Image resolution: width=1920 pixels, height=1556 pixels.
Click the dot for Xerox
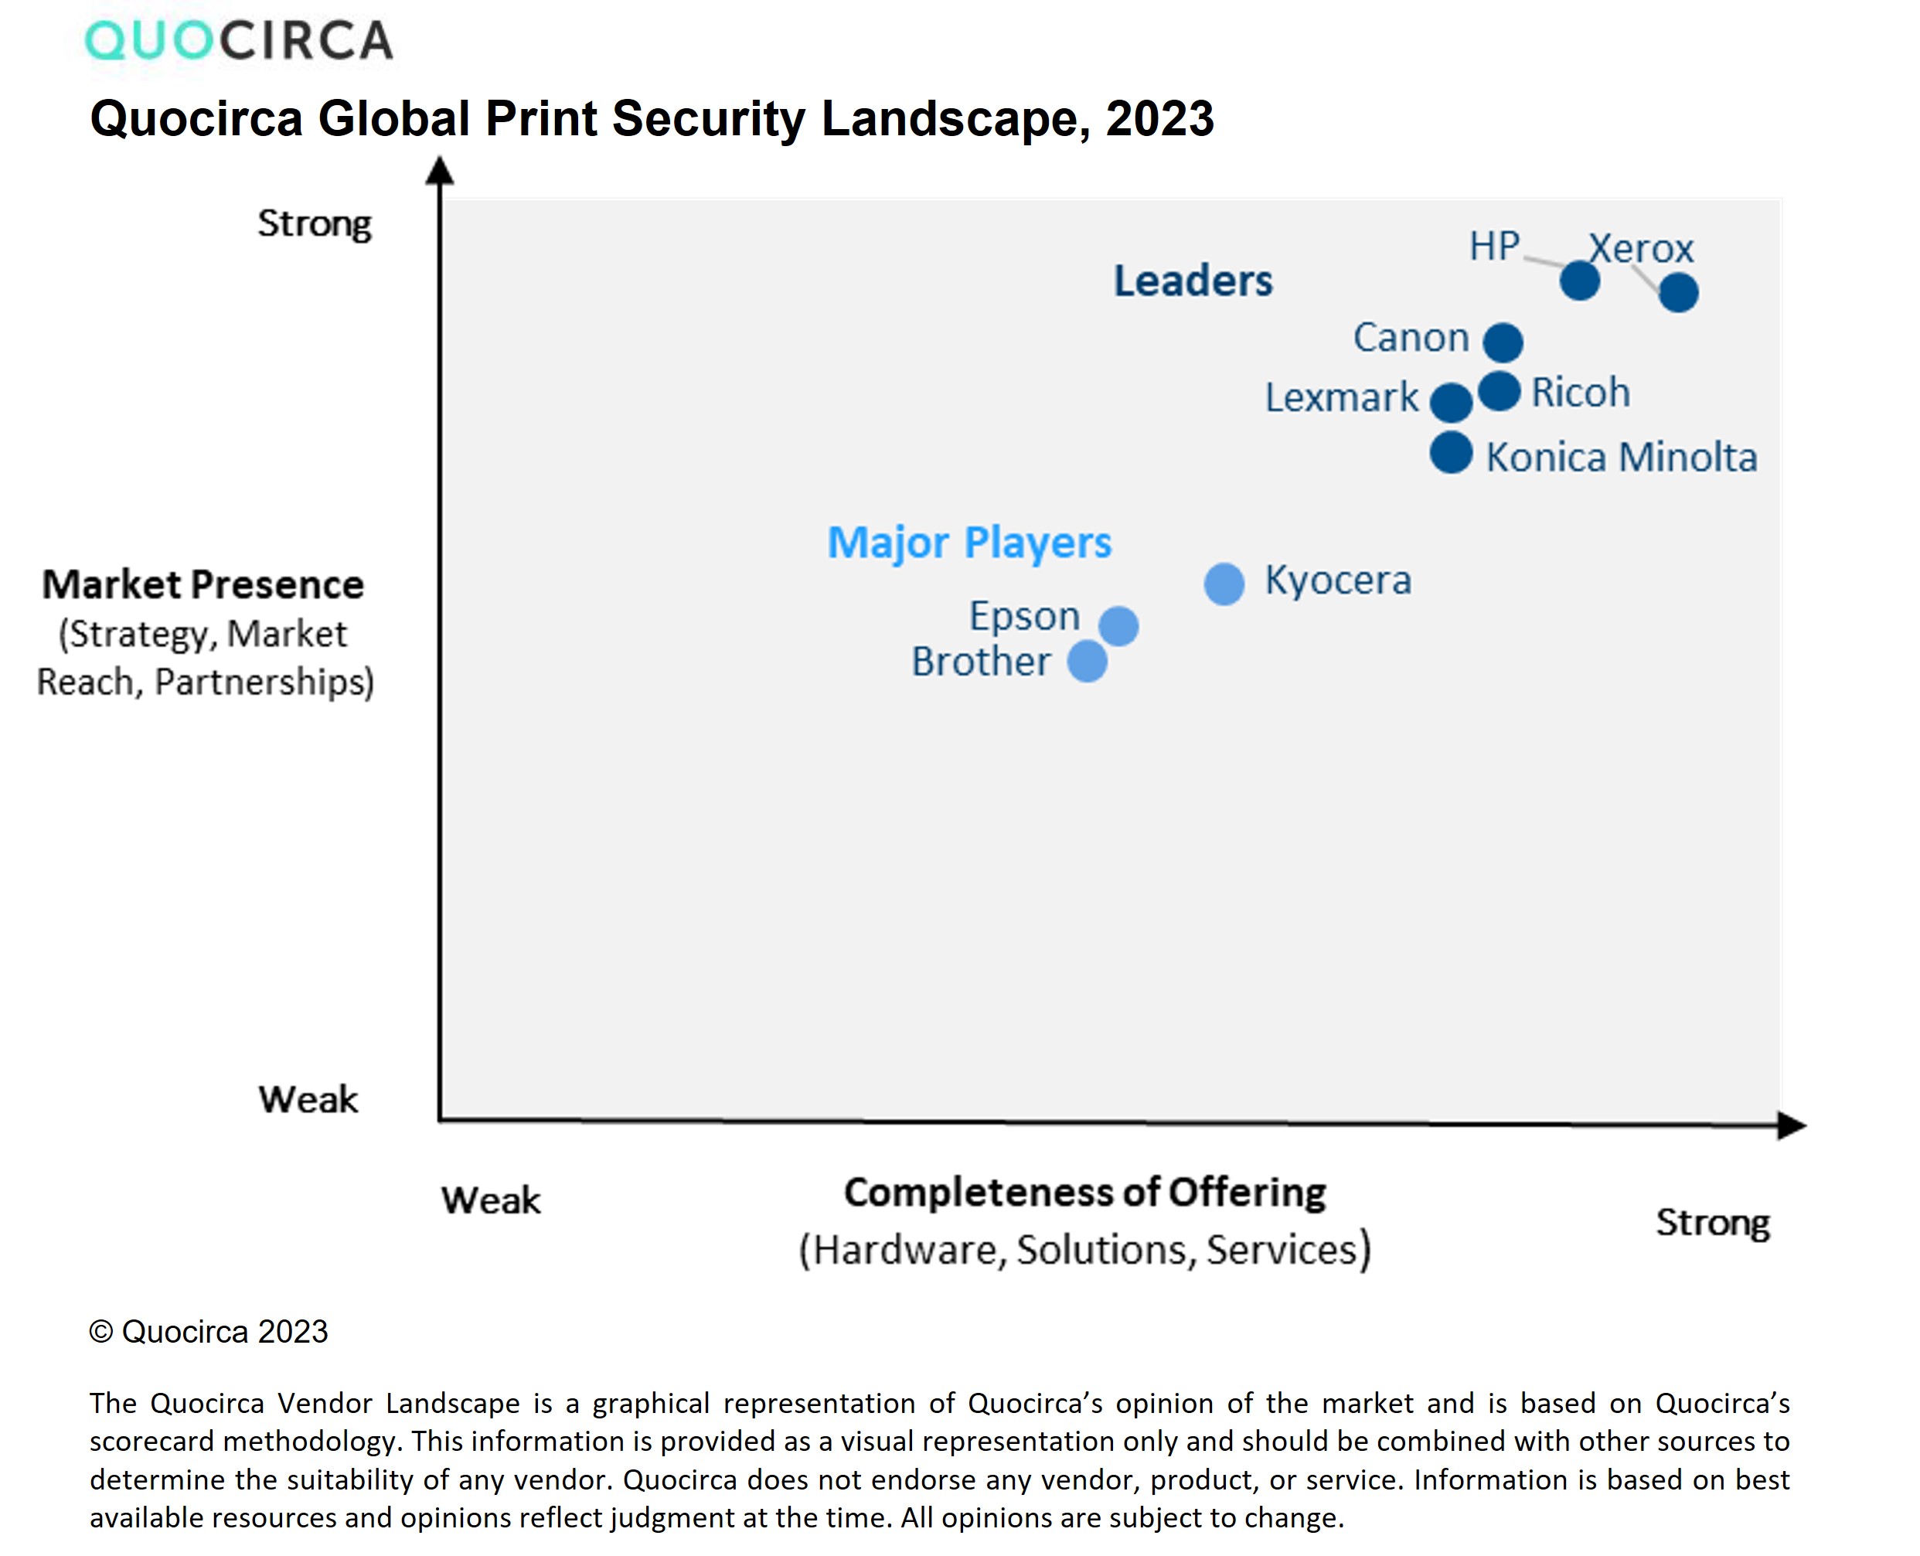point(1678,292)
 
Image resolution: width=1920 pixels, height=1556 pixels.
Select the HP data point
point(1579,281)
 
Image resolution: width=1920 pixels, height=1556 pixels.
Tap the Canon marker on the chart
point(1503,342)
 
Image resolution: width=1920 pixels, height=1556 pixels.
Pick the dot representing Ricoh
point(1499,391)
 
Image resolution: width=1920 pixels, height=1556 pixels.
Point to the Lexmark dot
point(1451,401)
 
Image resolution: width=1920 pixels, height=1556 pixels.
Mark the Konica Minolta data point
point(1451,453)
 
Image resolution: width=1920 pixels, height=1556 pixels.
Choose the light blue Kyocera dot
point(1224,584)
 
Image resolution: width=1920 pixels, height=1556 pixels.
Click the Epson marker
point(1118,625)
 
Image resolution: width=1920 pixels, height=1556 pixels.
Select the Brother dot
point(1088,662)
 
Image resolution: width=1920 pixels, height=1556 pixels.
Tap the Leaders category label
point(1192,281)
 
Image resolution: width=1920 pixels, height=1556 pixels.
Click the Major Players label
point(969,543)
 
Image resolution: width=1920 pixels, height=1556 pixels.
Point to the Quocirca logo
point(238,40)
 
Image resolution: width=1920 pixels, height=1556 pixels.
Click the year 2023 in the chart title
point(1160,118)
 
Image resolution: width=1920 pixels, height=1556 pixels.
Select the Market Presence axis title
point(203,584)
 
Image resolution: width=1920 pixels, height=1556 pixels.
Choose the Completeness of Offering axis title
point(1084,1193)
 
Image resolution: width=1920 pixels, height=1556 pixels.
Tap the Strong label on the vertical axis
point(314,224)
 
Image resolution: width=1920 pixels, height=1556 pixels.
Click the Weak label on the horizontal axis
point(490,1200)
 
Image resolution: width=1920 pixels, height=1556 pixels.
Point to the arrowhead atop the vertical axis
point(439,169)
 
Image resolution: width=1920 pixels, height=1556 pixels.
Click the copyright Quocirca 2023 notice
point(209,1332)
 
